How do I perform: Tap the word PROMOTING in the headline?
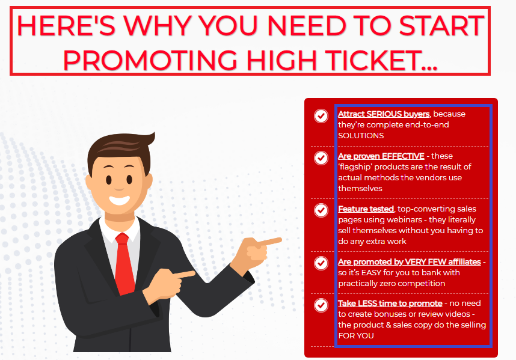tap(150, 60)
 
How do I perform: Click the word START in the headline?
tap(441, 25)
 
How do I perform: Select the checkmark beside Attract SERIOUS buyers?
tap(321, 116)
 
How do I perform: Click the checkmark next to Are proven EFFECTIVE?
tap(321, 158)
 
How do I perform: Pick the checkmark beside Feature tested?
tap(321, 210)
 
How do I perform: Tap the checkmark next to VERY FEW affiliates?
tap(321, 263)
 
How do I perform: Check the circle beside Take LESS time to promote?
tap(321, 305)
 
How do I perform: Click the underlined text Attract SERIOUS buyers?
tap(384, 114)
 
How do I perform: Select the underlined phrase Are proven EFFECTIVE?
tap(381, 156)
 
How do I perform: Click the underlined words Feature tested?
tap(366, 209)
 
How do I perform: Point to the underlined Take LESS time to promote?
tap(390, 304)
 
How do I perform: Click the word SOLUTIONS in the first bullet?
tap(361, 136)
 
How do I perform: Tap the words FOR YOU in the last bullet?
tap(356, 336)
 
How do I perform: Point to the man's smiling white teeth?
tap(119, 200)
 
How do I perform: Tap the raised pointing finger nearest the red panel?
tap(269, 242)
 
